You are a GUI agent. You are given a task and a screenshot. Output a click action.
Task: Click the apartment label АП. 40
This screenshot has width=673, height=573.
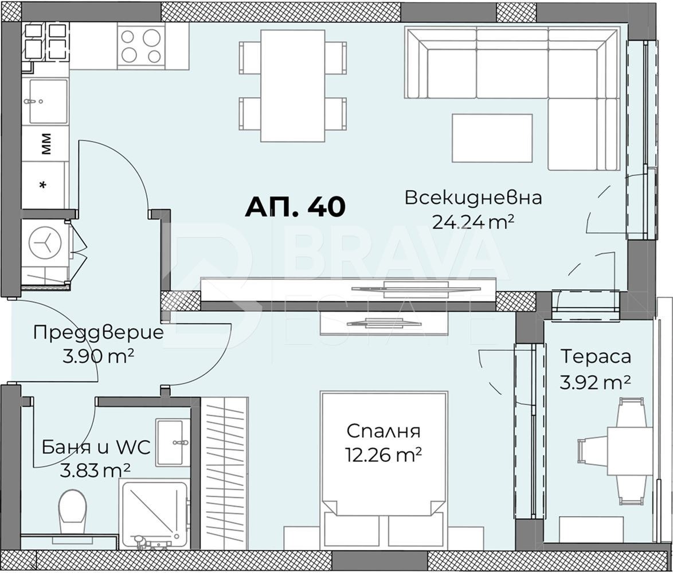295,207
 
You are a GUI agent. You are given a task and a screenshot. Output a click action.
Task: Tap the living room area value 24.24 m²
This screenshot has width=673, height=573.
472,222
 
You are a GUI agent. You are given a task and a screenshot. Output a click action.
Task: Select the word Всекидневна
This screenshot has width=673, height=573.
473,198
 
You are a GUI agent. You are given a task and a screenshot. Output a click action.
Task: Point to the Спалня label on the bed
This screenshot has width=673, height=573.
384,431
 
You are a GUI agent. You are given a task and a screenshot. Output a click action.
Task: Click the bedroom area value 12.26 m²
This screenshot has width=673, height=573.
384,455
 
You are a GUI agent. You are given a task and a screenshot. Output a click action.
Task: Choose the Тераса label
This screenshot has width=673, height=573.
596,356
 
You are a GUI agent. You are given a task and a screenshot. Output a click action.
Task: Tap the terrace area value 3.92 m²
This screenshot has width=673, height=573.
596,382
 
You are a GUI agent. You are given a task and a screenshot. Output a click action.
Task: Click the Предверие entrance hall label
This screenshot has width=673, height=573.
98,332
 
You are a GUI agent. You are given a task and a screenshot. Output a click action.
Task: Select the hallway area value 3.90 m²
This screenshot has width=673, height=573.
98,356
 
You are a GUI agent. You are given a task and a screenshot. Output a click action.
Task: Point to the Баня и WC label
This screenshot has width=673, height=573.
96,447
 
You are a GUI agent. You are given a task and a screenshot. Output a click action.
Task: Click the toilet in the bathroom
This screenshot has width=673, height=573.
72,507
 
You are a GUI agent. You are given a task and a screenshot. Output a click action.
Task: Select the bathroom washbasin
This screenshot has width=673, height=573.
173,442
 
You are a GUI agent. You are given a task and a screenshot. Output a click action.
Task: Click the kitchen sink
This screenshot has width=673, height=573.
47,101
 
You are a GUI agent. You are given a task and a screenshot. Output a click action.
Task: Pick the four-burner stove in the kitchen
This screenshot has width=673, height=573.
140,46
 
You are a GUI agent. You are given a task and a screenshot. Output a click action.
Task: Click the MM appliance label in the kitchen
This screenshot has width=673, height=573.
46,144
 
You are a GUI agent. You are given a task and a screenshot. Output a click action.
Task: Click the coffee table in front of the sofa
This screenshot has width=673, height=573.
492,138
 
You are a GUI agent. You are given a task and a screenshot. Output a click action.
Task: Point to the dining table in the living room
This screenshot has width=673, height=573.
292,85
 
